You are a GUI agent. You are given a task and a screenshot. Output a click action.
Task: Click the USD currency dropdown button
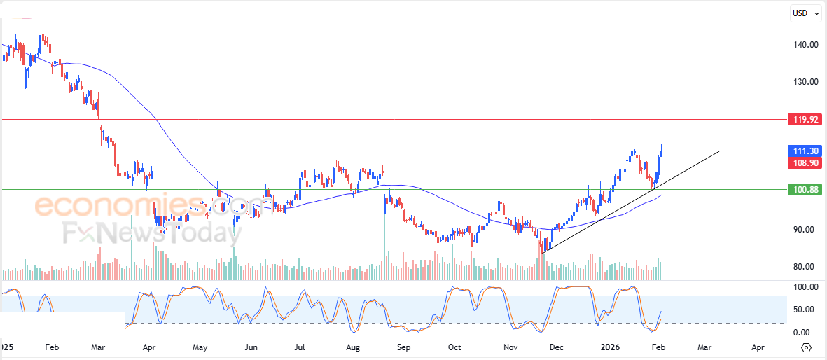(802, 13)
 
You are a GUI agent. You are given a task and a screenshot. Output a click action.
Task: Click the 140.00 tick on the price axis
(805, 45)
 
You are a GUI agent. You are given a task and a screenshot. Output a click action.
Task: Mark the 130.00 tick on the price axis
(805, 82)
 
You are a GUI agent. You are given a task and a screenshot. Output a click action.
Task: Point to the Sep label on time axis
(403, 347)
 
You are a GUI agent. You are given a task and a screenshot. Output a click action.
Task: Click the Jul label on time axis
(300, 347)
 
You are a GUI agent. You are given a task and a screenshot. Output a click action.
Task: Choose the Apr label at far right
(758, 347)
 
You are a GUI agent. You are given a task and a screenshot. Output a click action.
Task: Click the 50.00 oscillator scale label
(807, 310)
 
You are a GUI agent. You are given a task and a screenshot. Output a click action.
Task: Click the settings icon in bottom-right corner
(806, 347)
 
